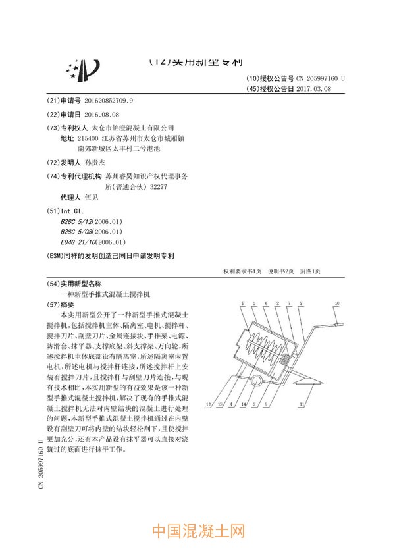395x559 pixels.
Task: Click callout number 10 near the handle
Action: pyautogui.click(x=336, y=303)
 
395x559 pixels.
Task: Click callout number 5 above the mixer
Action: pyautogui.click(x=244, y=303)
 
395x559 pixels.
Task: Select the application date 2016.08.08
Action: pyautogui.click(x=101, y=114)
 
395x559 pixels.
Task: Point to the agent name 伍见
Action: pyautogui.click(x=92, y=197)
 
